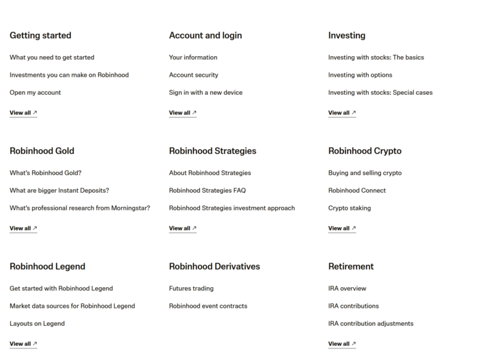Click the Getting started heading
click(x=40, y=35)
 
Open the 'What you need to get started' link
click(x=52, y=57)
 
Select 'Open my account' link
click(x=35, y=92)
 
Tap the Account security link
click(x=193, y=75)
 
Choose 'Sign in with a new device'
click(x=206, y=92)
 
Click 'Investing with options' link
click(x=360, y=75)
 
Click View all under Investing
click(x=342, y=113)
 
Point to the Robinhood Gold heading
click(x=42, y=151)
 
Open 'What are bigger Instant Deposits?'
click(x=59, y=190)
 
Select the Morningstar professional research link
click(x=80, y=208)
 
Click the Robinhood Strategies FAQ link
click(x=207, y=190)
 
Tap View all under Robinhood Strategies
click(x=182, y=228)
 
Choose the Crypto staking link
click(x=349, y=208)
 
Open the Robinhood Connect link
click(x=357, y=190)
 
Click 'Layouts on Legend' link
click(x=37, y=323)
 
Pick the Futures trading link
click(x=191, y=288)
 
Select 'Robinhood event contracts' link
click(x=208, y=306)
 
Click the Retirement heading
click(x=351, y=266)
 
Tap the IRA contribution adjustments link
click(x=371, y=323)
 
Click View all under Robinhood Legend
click(x=23, y=344)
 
